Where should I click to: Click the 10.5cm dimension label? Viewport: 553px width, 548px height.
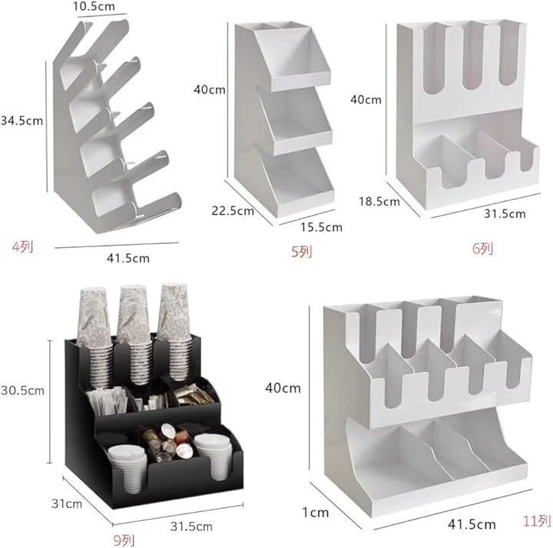[94, 6]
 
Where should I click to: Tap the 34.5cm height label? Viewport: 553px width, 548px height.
[22, 120]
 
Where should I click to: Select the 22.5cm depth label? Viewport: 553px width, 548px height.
[233, 211]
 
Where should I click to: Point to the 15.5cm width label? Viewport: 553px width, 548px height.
[321, 227]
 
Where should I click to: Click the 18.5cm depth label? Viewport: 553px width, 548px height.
[379, 202]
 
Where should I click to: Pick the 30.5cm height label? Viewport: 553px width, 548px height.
[22, 390]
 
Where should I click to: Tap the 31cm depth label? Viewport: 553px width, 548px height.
[67, 503]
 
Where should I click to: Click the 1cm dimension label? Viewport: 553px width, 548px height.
[316, 512]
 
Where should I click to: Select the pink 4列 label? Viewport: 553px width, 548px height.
[23, 246]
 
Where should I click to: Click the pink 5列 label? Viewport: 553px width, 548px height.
[302, 252]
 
